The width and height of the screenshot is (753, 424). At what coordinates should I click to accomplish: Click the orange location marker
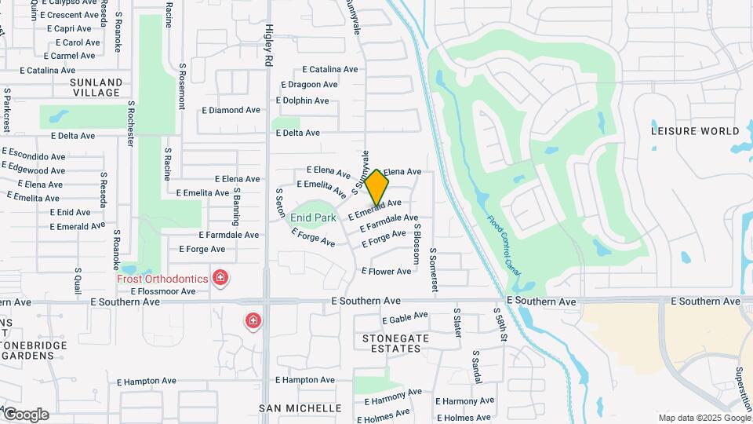pos(377,187)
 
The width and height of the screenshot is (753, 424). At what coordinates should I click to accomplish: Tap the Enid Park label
pos(314,217)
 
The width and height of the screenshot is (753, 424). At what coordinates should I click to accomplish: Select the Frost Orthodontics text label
pos(162,279)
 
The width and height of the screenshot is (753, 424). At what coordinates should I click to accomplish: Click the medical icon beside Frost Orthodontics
pos(221,278)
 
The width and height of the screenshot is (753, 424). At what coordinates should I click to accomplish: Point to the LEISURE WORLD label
pos(695,131)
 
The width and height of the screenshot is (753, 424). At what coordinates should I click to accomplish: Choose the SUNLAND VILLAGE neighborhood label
pos(96,87)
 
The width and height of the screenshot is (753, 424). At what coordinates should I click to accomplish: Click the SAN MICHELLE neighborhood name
pos(300,408)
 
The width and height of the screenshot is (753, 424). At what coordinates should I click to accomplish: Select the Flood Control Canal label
pos(503,245)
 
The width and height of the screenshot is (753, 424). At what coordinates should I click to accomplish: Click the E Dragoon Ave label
pos(308,85)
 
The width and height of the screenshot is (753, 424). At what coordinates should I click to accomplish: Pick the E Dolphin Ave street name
pos(302,101)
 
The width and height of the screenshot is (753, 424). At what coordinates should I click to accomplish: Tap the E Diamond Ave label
pos(231,111)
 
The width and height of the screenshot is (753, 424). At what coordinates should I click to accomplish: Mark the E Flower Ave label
pos(386,272)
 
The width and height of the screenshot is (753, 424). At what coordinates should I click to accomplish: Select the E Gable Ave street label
pos(405,317)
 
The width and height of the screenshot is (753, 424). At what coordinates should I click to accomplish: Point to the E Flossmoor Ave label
pos(163,291)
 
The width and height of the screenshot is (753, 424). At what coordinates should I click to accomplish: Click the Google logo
pos(25,415)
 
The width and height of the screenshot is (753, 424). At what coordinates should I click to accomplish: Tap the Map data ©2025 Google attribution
pos(704,418)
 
